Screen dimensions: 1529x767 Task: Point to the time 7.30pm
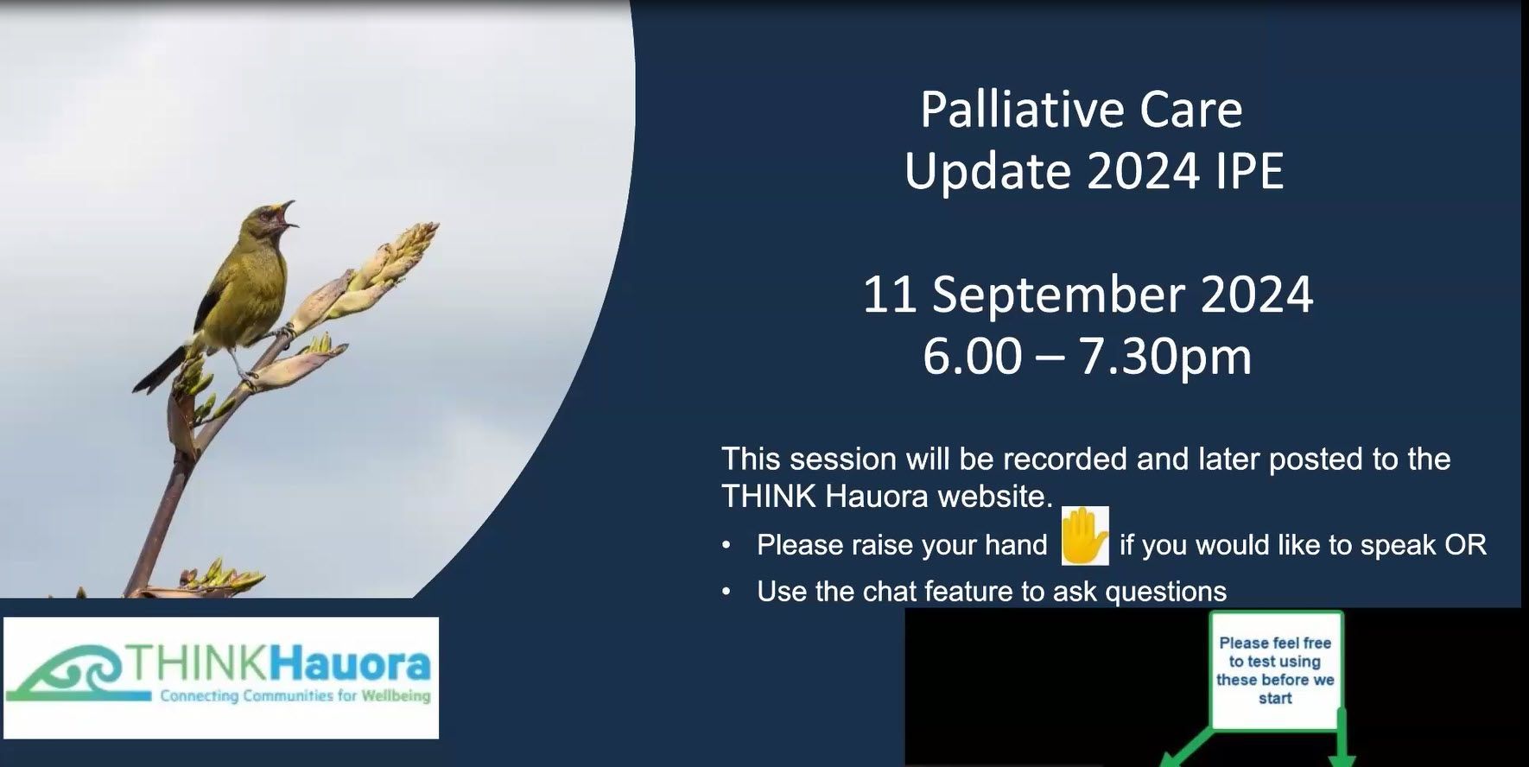pyautogui.click(x=1165, y=357)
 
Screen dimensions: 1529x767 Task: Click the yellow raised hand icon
pyautogui.click(x=1084, y=536)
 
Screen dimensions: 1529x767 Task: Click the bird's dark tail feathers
pyautogui.click(x=160, y=370)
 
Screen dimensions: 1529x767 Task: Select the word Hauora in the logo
pyautogui.click(x=350, y=664)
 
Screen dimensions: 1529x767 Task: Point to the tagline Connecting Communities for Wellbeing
pyautogui.click(x=295, y=696)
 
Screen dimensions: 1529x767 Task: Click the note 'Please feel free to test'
pyautogui.click(x=1275, y=670)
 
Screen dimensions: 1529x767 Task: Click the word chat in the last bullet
pyautogui.click(x=891, y=592)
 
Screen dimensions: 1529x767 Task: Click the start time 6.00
pyautogui.click(x=972, y=357)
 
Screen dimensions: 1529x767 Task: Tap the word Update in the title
pyautogui.click(x=988, y=171)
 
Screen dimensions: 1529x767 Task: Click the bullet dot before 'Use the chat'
pyautogui.click(x=726, y=592)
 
